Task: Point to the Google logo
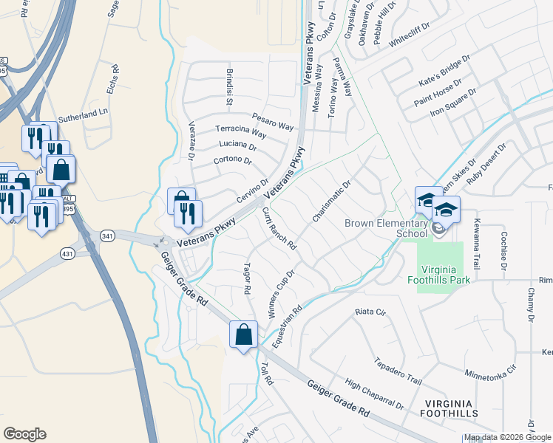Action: click(24, 434)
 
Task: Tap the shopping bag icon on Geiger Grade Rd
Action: click(243, 335)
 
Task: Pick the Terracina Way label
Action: click(241, 131)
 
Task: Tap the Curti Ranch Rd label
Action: click(279, 228)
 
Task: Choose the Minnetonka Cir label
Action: click(490, 371)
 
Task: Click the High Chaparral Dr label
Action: click(375, 395)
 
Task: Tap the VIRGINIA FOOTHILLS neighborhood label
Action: click(452, 409)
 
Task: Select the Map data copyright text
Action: click(506, 438)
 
